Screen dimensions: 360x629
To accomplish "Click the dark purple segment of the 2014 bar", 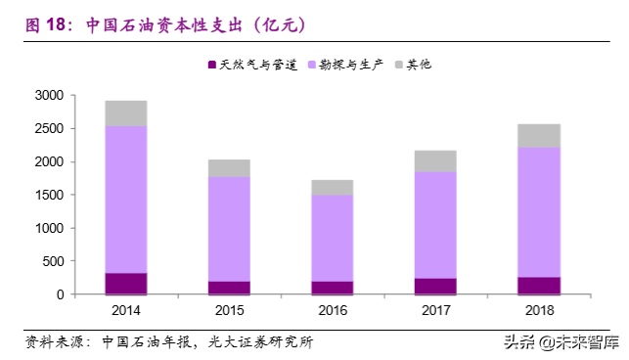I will [x=125, y=283].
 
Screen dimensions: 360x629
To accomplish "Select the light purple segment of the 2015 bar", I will [x=229, y=229].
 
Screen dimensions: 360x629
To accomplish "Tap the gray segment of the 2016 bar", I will [x=332, y=187].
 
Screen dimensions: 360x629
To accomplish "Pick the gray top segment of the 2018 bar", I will [x=539, y=135].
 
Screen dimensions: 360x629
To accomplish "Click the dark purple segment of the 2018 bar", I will [x=539, y=285].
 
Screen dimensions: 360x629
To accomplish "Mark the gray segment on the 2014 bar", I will [x=125, y=113].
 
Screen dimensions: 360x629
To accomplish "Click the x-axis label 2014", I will [x=125, y=310].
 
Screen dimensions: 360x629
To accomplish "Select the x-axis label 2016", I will [x=332, y=310].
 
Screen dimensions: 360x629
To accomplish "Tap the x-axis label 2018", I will [x=539, y=310].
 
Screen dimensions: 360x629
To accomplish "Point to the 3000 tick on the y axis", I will [x=49, y=96].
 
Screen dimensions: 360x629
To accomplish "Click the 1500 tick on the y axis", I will [x=49, y=195].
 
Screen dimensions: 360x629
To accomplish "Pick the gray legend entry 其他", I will [x=417, y=65].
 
